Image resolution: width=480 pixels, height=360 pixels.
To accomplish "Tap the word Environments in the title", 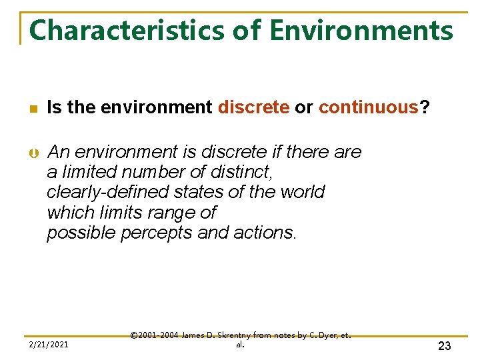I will [x=361, y=31].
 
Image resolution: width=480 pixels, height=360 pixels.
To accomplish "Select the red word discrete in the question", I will [x=253, y=107].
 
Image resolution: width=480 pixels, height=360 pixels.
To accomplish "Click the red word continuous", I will [x=368, y=107].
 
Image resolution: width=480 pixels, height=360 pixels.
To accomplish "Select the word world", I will [x=299, y=192].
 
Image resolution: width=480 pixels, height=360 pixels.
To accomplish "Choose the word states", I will [x=198, y=192].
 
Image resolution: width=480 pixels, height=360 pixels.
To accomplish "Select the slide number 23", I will [x=444, y=345].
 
